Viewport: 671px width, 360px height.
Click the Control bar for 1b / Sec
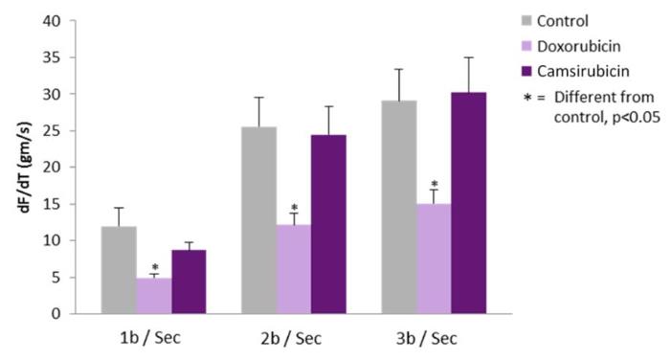tap(119, 270)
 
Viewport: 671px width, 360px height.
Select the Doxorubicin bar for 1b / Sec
tap(154, 296)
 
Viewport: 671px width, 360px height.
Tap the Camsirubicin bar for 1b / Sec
tap(189, 281)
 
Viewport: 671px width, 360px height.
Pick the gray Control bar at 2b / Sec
tap(258, 220)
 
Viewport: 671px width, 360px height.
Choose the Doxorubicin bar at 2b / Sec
tap(294, 269)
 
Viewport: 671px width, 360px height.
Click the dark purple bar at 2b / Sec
tap(328, 224)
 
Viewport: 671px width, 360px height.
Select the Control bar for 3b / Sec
tap(399, 207)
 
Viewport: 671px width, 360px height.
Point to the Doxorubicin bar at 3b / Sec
tap(434, 259)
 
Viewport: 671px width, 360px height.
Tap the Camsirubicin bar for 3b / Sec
tap(469, 203)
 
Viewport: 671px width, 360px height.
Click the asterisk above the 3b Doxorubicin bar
tap(435, 184)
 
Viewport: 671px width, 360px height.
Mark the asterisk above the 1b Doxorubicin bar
tap(155, 267)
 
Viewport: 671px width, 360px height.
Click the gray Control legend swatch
tap(526, 20)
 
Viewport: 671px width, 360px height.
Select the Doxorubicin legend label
tap(578, 46)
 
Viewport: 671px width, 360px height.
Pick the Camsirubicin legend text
tap(583, 71)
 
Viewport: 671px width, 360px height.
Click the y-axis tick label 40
tap(52, 20)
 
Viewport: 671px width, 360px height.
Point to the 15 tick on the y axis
tap(52, 204)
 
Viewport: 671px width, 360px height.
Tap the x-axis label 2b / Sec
tap(291, 339)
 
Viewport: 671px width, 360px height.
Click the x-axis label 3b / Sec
tap(427, 339)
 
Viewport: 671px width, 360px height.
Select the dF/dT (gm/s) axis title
tap(25, 168)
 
